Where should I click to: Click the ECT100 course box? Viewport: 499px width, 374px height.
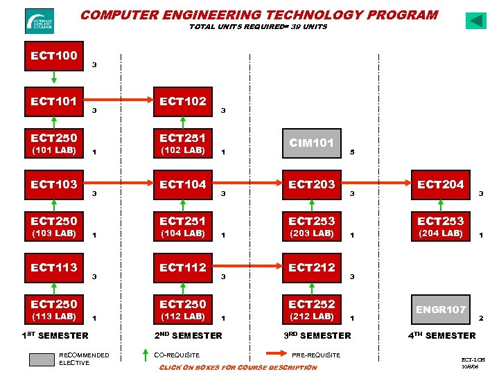point(54,56)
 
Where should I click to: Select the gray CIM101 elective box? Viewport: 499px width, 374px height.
point(311,143)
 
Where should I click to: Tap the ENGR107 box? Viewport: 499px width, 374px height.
point(440,309)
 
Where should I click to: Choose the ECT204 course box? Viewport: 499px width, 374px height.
point(440,184)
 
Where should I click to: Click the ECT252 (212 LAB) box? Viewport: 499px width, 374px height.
point(311,310)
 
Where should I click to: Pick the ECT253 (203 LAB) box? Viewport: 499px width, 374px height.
point(311,226)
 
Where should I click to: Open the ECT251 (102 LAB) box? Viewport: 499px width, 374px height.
point(183,143)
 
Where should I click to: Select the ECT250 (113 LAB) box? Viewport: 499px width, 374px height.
point(54,310)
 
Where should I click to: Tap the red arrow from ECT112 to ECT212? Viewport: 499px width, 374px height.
point(249,267)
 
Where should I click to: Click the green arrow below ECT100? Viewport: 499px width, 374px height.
point(54,78)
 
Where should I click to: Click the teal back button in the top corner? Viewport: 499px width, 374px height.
point(476,21)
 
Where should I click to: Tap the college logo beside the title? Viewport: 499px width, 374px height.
point(39,21)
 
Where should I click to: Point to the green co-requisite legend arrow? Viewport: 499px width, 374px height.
point(143,356)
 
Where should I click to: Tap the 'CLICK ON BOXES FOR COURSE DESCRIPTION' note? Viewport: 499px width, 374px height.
point(238,367)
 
